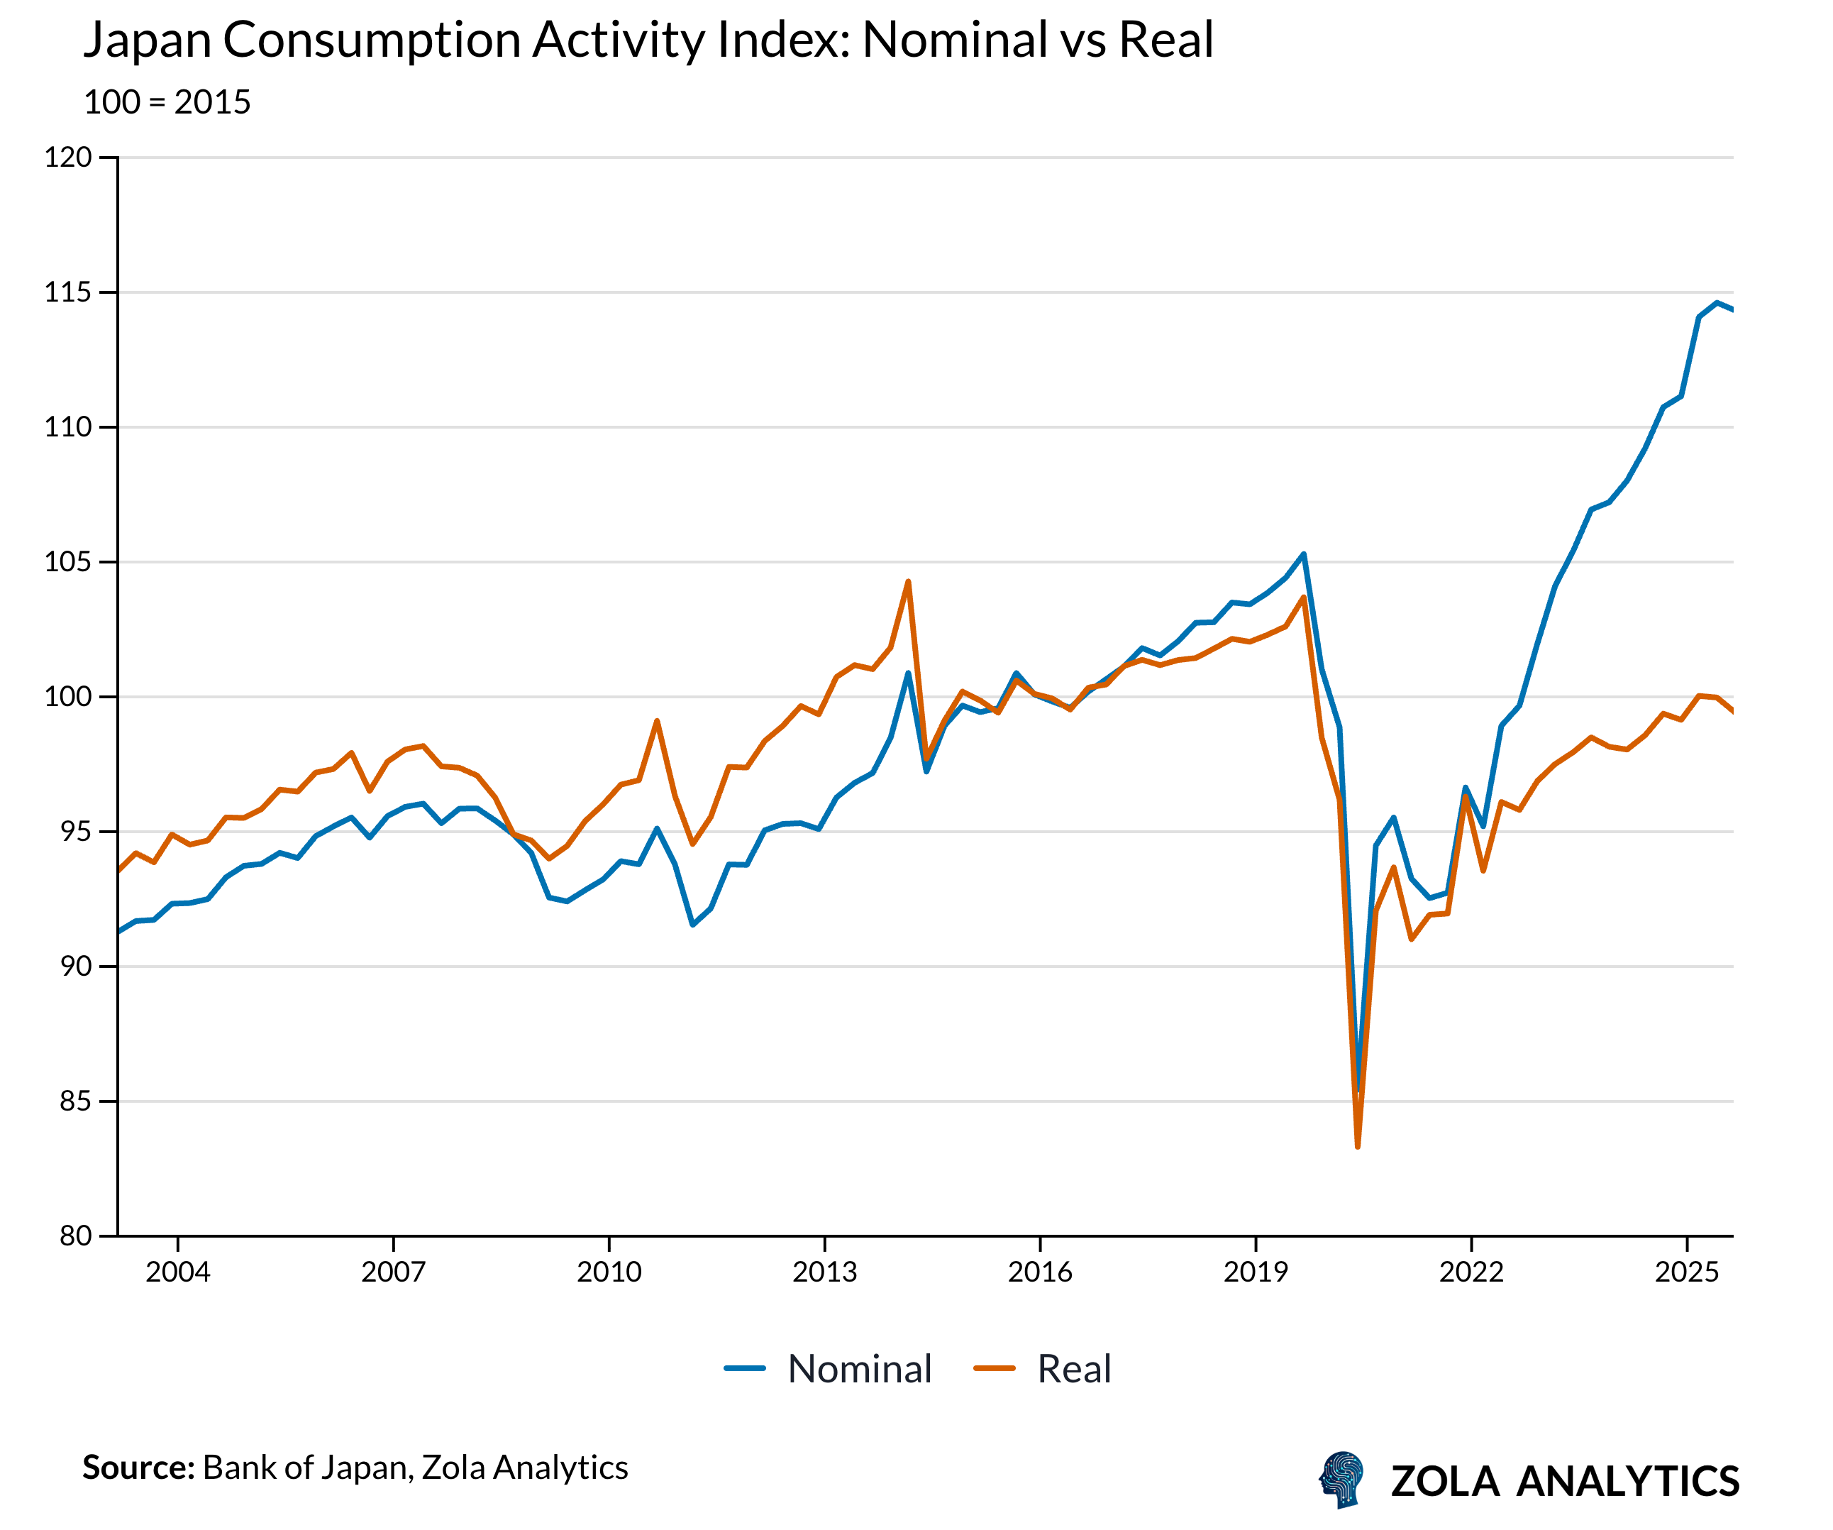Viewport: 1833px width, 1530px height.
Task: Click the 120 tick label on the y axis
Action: point(68,158)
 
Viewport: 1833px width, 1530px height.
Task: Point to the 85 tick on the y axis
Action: point(75,1101)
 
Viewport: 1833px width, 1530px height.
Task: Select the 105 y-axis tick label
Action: point(68,561)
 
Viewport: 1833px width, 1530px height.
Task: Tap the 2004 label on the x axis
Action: point(177,1272)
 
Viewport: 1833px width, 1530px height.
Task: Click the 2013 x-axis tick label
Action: point(824,1272)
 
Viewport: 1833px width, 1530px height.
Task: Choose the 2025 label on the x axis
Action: point(1686,1272)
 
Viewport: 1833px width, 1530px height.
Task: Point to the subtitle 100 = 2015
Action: point(167,102)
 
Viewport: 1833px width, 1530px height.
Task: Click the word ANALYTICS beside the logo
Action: point(1628,1481)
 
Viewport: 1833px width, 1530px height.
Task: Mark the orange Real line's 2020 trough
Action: point(1357,1147)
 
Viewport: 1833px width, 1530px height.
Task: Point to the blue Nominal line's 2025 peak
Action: point(1716,303)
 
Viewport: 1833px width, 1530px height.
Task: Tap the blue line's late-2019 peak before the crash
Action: point(1303,554)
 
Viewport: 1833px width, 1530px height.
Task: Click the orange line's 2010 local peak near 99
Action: point(656,720)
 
